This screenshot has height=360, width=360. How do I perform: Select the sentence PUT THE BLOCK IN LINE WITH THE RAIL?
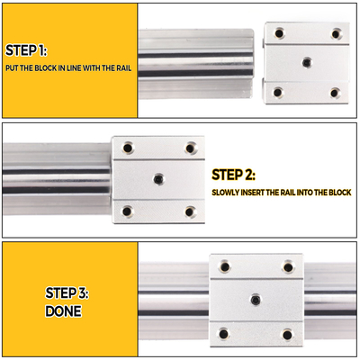point(67,67)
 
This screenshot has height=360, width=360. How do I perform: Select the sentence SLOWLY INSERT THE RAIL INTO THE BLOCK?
point(282,193)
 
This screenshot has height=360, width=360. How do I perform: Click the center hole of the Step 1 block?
point(307,63)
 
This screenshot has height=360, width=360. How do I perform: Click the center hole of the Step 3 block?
point(256,300)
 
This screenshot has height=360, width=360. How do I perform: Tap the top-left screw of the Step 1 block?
point(279,33)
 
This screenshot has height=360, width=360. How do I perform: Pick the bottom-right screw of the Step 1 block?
point(335,92)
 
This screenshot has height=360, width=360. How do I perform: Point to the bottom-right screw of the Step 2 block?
point(189,211)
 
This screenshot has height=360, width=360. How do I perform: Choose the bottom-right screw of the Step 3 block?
point(287,334)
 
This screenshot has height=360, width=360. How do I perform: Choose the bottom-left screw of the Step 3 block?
point(225,334)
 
